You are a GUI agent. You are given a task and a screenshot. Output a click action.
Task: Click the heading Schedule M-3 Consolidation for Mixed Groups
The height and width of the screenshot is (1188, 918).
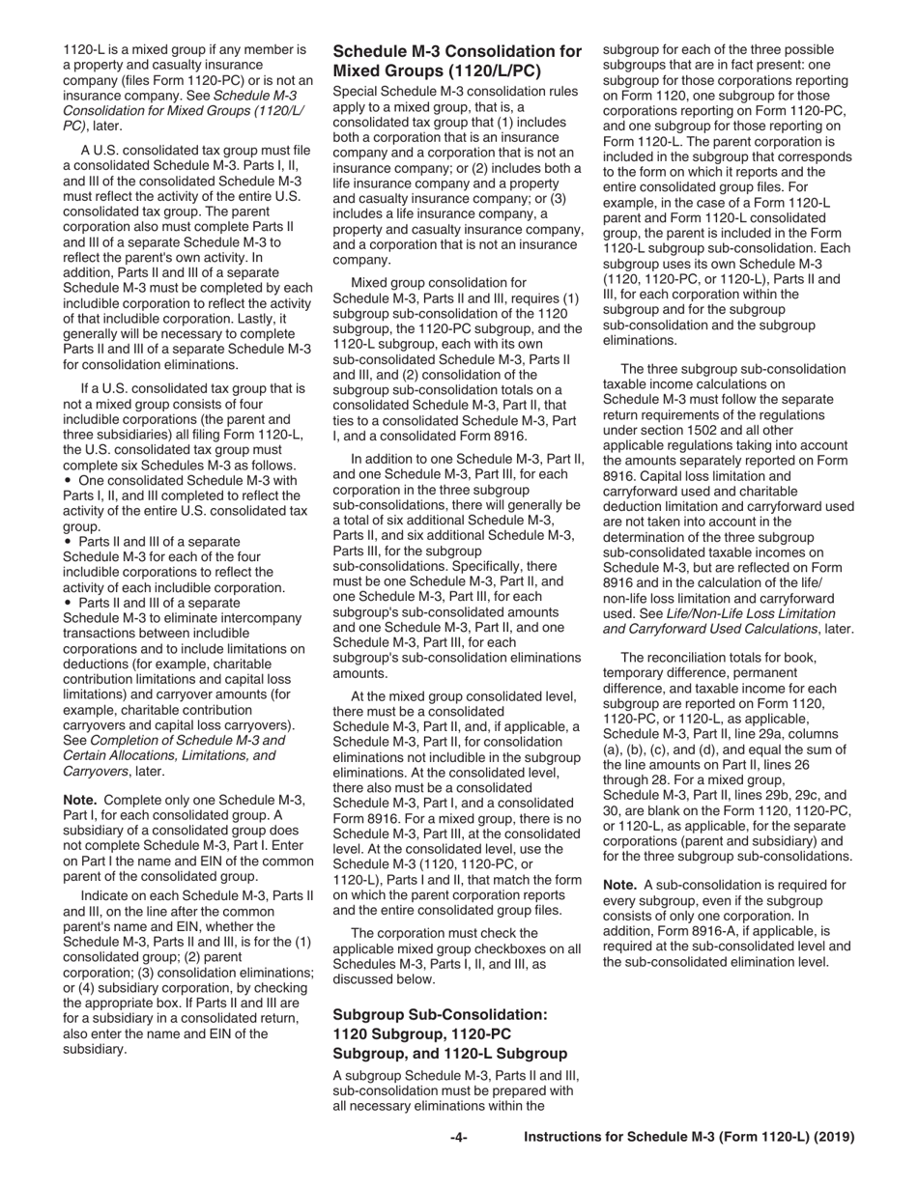point(457,61)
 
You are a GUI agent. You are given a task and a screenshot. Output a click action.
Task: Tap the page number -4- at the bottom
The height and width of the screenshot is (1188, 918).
point(459,1138)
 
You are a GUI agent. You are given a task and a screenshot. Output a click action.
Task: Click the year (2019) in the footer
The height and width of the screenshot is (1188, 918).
point(834,1138)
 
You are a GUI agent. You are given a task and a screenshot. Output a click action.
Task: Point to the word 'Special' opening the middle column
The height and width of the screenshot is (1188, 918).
point(356,91)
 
